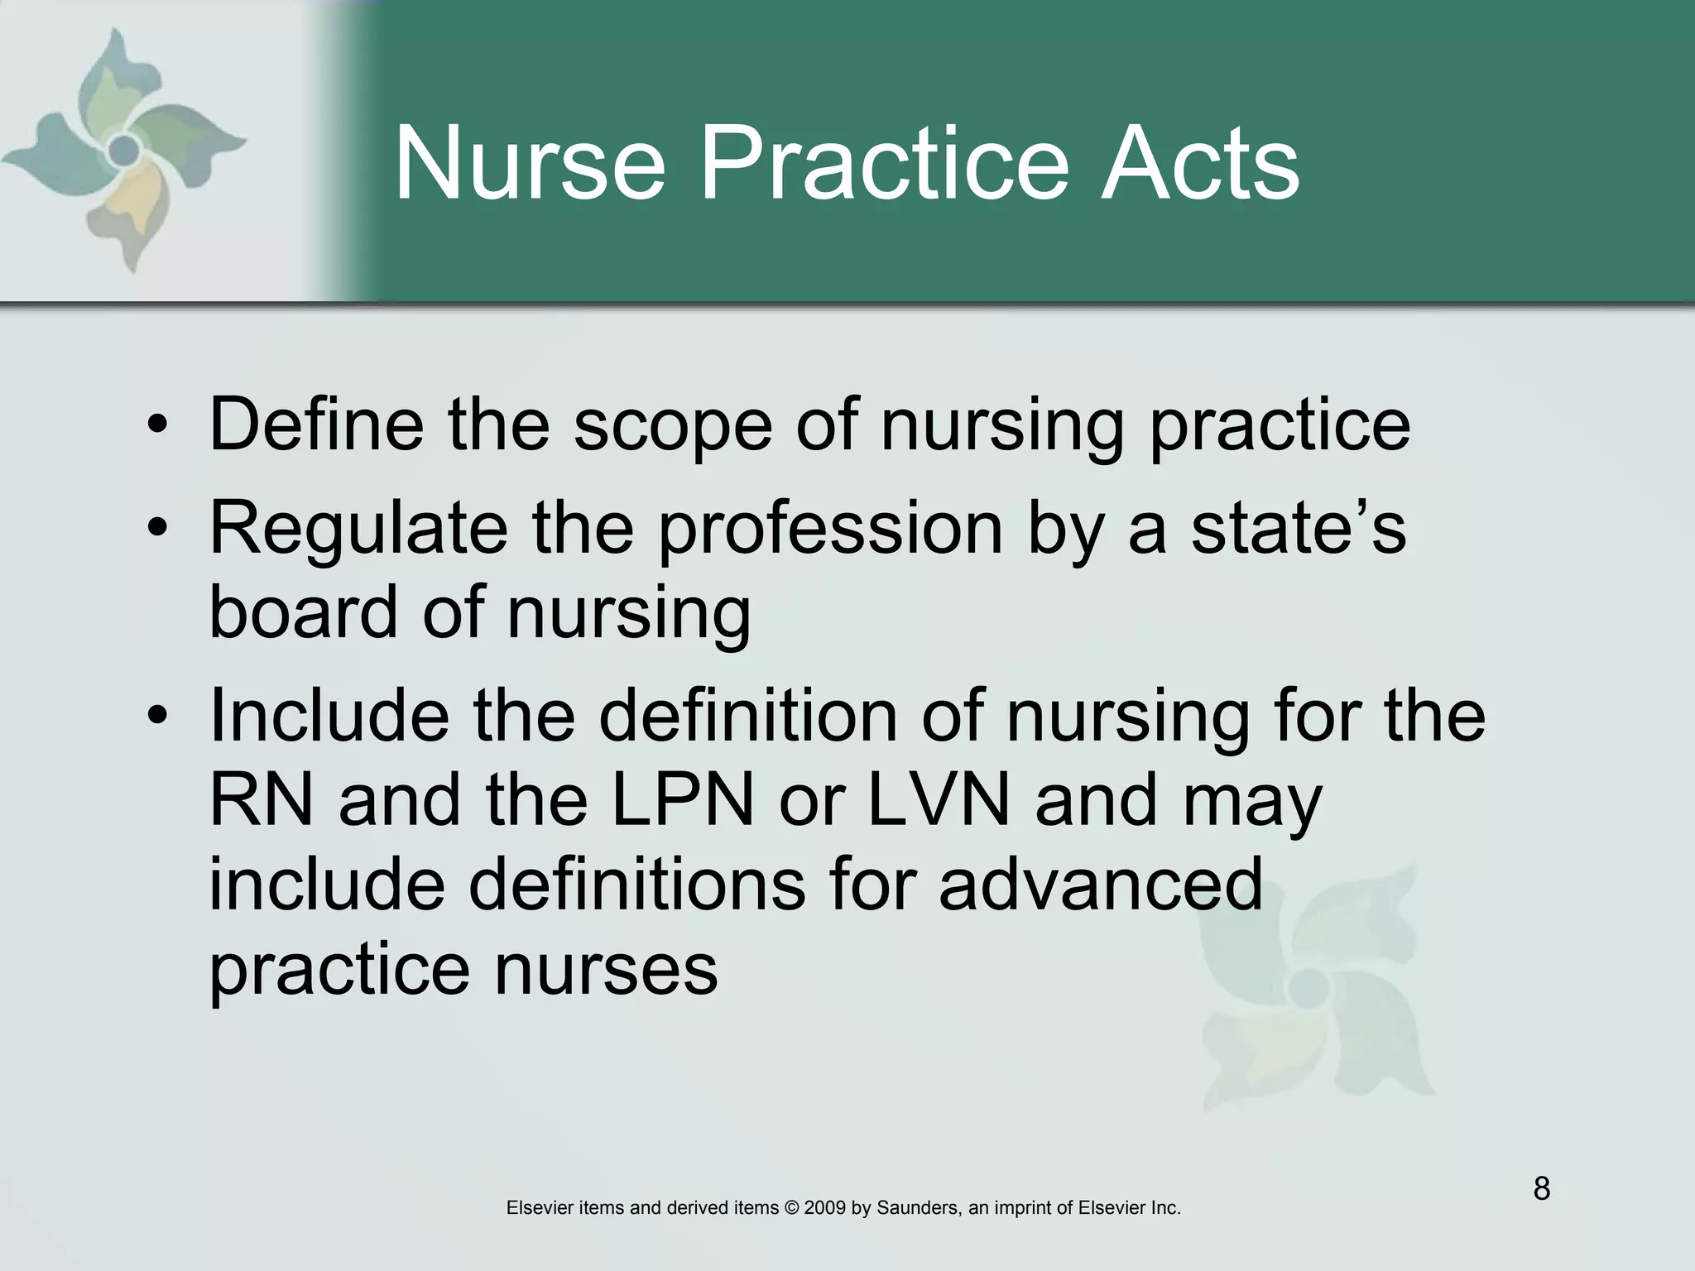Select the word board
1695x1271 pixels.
coord(303,612)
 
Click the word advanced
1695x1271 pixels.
coord(1101,885)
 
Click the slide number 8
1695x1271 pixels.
coord(1541,1189)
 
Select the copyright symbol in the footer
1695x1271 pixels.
coord(791,1208)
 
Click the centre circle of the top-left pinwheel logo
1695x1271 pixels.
coord(124,150)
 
